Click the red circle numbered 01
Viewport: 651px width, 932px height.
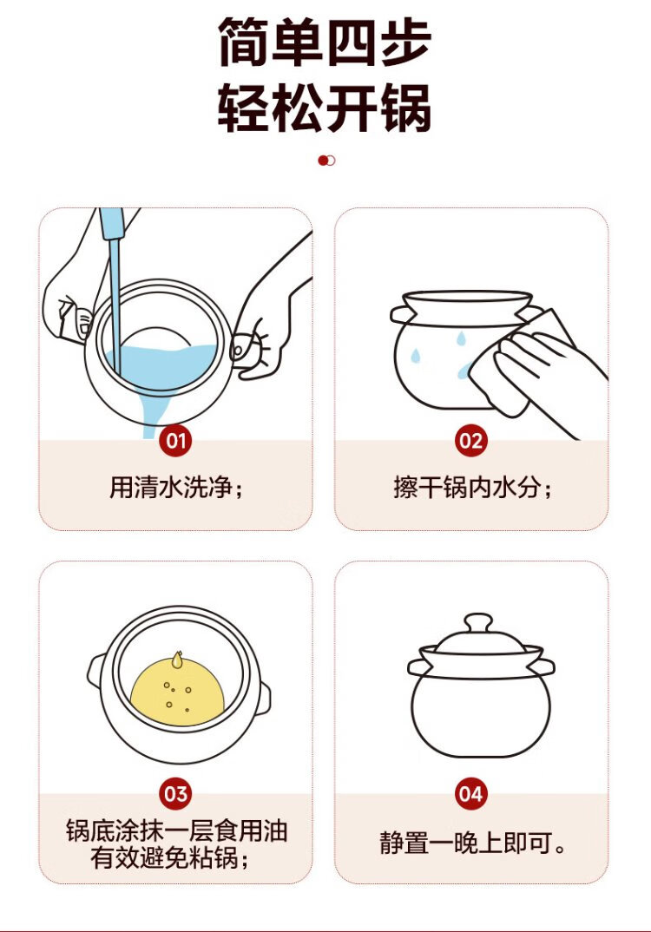[x=176, y=441]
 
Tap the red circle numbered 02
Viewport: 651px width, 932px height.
[x=470, y=441]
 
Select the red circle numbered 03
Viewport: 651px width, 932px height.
[x=176, y=793]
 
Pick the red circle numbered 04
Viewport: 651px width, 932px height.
[x=470, y=793]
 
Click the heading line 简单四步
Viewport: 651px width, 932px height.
[x=325, y=43]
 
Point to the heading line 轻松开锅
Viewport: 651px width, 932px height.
[x=325, y=108]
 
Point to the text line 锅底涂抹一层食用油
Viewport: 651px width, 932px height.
[x=176, y=830]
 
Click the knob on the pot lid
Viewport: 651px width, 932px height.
[x=478, y=624]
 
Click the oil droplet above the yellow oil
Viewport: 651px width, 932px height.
[x=176, y=659]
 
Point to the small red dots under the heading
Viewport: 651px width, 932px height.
[x=326, y=161]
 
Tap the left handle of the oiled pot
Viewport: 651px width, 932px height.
[x=96, y=671]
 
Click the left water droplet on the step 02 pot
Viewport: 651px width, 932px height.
[x=416, y=356]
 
